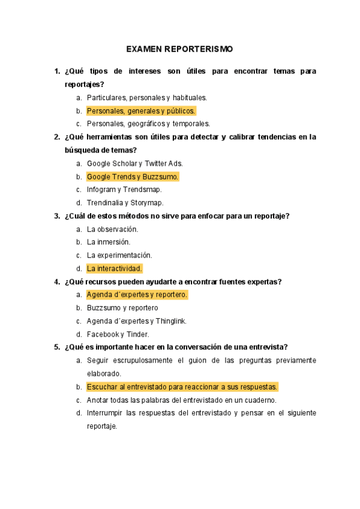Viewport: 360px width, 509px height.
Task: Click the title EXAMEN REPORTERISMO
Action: point(179,49)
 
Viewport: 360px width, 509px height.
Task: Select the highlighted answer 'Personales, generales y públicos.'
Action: point(141,111)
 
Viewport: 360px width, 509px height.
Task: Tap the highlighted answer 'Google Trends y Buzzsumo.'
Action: point(133,177)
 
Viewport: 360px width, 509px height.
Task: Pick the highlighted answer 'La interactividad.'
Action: point(115,268)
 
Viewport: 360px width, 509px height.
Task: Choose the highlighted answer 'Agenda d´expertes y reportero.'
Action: point(137,295)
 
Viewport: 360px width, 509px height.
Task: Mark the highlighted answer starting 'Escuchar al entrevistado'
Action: point(182,387)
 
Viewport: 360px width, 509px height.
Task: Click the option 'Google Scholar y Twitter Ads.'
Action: point(135,163)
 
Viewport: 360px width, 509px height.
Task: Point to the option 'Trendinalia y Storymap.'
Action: point(125,203)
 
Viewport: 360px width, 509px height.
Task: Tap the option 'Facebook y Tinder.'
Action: point(118,334)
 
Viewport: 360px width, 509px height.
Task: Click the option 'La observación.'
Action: point(113,229)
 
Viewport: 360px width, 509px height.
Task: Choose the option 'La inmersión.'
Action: point(109,242)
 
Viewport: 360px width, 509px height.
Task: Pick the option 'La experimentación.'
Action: point(119,255)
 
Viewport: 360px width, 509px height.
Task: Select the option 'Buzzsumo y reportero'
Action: point(122,308)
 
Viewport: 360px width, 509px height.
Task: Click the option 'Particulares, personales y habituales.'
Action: point(147,97)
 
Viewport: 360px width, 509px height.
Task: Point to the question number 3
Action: point(56,216)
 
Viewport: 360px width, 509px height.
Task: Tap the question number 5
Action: point(56,347)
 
